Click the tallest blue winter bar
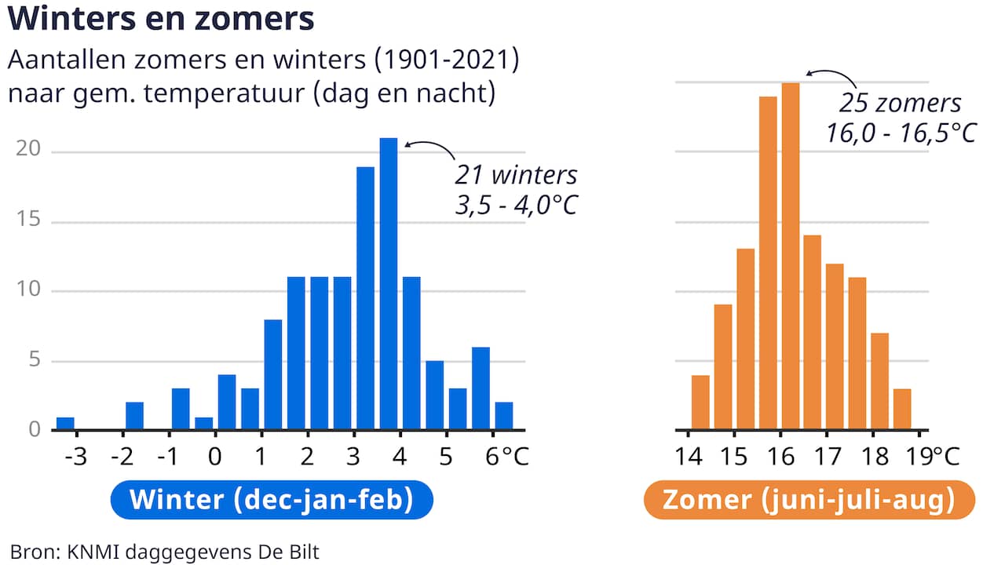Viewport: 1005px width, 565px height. point(388,283)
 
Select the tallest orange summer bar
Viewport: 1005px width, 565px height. point(790,256)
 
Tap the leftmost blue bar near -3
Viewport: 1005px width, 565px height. point(65,423)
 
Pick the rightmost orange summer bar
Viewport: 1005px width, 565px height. point(902,409)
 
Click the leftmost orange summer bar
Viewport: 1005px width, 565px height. point(700,403)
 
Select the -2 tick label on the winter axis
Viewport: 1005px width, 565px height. point(122,457)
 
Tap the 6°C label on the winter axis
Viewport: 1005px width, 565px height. point(507,457)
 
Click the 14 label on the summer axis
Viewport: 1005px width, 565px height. point(689,457)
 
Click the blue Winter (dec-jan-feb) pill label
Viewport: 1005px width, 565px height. point(272,500)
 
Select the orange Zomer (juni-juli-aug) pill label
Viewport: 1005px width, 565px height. point(809,500)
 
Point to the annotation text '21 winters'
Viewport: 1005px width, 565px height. point(516,175)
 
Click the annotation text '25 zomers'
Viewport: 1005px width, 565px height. point(900,103)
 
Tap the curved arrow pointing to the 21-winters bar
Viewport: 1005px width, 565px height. point(431,144)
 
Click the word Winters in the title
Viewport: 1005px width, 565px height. point(71,19)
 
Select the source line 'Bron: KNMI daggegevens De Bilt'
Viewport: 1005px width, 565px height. point(164,552)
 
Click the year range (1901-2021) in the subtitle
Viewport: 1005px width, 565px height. point(447,60)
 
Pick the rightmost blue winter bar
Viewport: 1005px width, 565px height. point(504,416)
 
